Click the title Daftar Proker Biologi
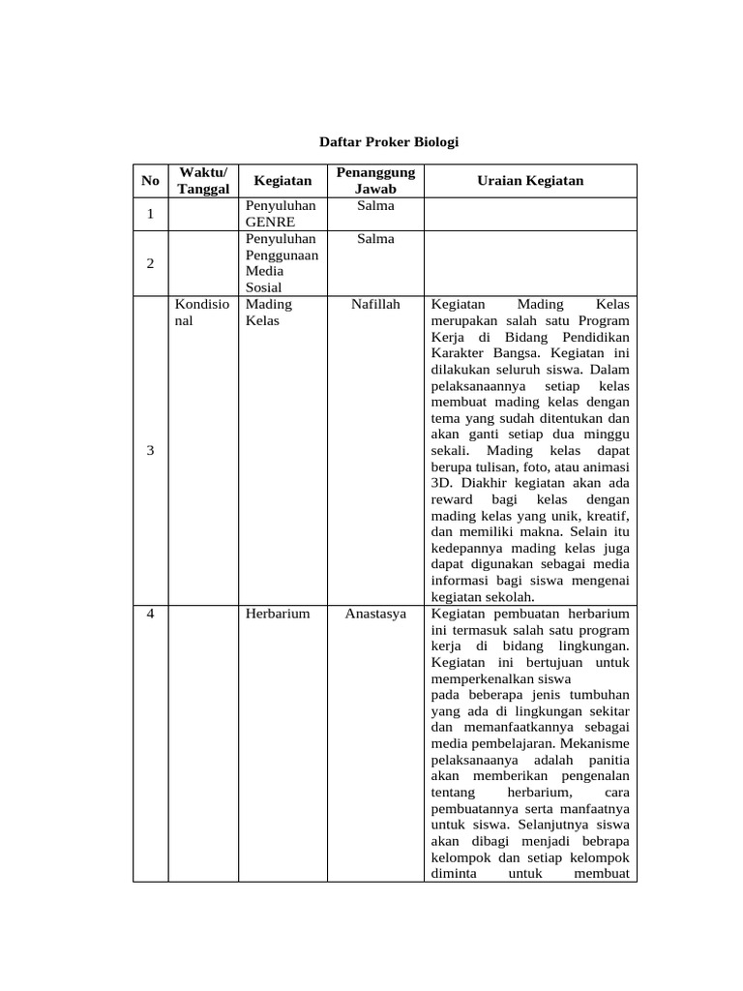(x=389, y=142)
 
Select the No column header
(x=150, y=181)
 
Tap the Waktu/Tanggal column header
(x=203, y=181)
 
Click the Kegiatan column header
(x=282, y=181)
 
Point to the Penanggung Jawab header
(x=375, y=181)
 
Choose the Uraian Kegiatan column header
(x=530, y=181)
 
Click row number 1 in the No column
(x=150, y=214)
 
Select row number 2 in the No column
(x=150, y=263)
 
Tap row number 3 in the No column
(x=150, y=451)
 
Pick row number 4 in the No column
(x=150, y=614)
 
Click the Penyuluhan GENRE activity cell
(x=281, y=214)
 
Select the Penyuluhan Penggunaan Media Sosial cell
(x=281, y=263)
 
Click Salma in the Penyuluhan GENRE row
(x=375, y=206)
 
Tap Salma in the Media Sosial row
(x=375, y=239)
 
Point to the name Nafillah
(x=375, y=304)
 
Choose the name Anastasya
(x=375, y=614)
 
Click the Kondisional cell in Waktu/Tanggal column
(x=202, y=312)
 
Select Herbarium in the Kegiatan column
(x=278, y=614)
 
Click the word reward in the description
(x=452, y=499)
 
